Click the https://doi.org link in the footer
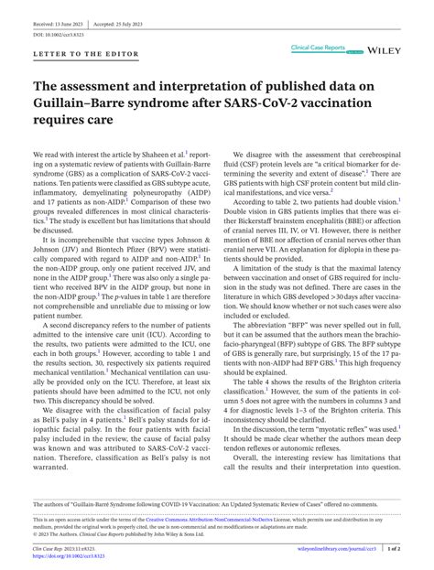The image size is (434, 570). click(69, 554)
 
